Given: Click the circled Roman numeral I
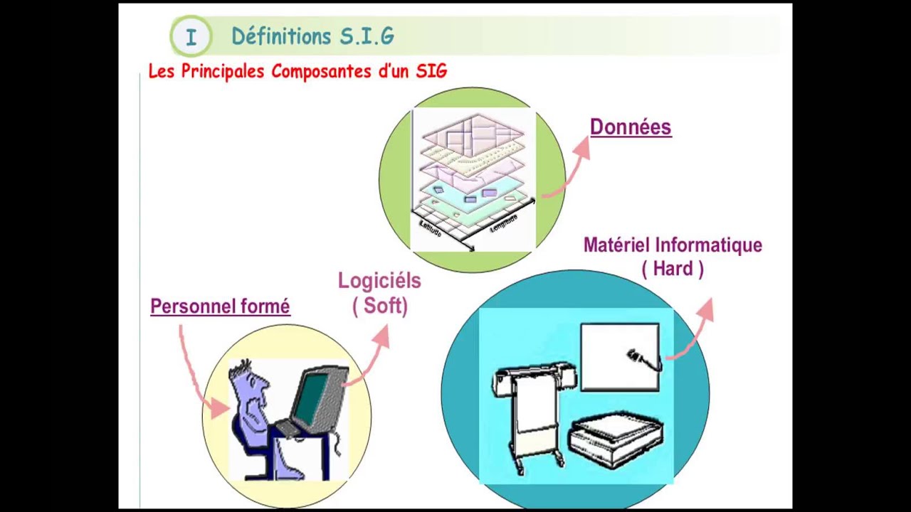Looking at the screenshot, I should (191, 37).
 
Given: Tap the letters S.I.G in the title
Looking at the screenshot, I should (367, 36).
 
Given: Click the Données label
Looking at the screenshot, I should (631, 127).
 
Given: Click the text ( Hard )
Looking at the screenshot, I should (673, 269).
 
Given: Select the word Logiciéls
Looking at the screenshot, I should (379, 281).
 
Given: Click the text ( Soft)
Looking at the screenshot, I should (379, 306).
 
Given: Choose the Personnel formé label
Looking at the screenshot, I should (220, 306).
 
